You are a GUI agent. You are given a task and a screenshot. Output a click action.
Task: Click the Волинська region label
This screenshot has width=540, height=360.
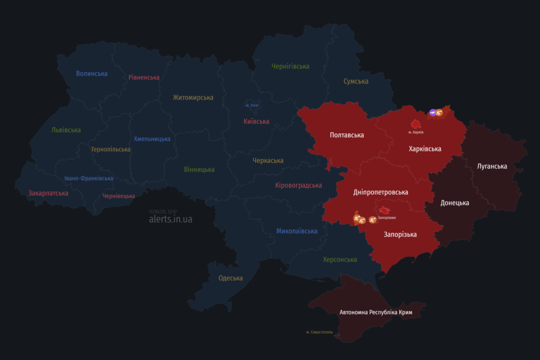pos(92,74)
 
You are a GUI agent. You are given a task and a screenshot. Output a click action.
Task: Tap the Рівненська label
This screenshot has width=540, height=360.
pos(143,77)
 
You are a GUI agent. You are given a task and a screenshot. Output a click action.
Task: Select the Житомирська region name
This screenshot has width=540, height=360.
pos(193,98)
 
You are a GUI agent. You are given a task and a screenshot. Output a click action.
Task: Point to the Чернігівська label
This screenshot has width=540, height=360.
pos(290,66)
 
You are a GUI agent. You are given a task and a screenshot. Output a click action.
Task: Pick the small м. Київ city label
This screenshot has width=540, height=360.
pos(252,105)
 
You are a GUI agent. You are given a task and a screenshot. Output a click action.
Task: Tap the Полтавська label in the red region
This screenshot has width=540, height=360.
pos(346,135)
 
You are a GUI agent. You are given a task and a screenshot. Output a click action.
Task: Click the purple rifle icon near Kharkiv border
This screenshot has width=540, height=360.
pos(433,112)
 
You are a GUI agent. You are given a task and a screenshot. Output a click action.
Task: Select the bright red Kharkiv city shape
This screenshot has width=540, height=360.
pos(416,124)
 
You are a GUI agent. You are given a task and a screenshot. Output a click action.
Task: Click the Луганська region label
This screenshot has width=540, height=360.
pos(491,167)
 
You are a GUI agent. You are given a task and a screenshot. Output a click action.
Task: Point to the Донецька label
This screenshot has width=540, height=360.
pos(455,203)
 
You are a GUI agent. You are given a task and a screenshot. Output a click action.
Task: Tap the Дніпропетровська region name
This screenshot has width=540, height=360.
pos(380,192)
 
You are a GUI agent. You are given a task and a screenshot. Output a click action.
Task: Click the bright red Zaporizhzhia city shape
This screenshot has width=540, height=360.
pos(385,210)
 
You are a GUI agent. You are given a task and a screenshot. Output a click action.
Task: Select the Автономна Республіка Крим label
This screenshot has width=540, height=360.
pos(376,313)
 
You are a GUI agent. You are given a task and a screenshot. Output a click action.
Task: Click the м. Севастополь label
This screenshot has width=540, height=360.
pos(320,333)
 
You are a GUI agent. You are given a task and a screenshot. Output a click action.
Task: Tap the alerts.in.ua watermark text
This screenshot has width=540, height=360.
pos(170,219)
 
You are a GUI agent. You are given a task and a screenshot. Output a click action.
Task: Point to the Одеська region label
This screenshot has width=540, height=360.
pos(230,278)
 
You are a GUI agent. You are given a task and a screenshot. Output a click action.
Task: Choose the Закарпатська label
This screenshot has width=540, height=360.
pos(48,193)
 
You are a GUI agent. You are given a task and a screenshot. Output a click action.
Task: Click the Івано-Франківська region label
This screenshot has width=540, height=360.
pos(89,178)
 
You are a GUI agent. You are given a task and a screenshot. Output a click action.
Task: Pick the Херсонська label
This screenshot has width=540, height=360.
pos(340,260)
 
